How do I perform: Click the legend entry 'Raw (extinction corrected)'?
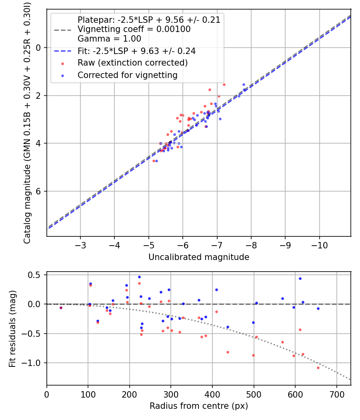pyautogui.click(x=132, y=63)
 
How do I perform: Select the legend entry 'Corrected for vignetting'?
pyautogui.click(x=127, y=75)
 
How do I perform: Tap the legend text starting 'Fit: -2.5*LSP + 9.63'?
pyautogui.click(x=136, y=52)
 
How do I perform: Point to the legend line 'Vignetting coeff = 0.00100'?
pyautogui.click(x=134, y=29)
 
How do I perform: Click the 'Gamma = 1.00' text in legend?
pyautogui.click(x=109, y=39)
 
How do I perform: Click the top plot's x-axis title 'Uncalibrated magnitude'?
pyautogui.click(x=199, y=257)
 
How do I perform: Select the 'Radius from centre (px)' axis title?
pyautogui.click(x=199, y=406)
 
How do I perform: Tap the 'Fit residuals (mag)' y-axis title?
pyautogui.click(x=12, y=328)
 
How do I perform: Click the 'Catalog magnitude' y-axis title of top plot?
pyautogui.click(x=27, y=122)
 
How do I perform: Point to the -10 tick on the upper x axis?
pyautogui.click(x=319, y=244)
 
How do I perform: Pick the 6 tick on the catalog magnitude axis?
pyautogui.click(x=39, y=191)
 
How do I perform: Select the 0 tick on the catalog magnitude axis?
pyautogui.click(x=39, y=48)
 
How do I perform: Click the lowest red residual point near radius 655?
pyautogui.click(x=318, y=368)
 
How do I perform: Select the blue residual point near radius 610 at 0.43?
pyautogui.click(x=300, y=278)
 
